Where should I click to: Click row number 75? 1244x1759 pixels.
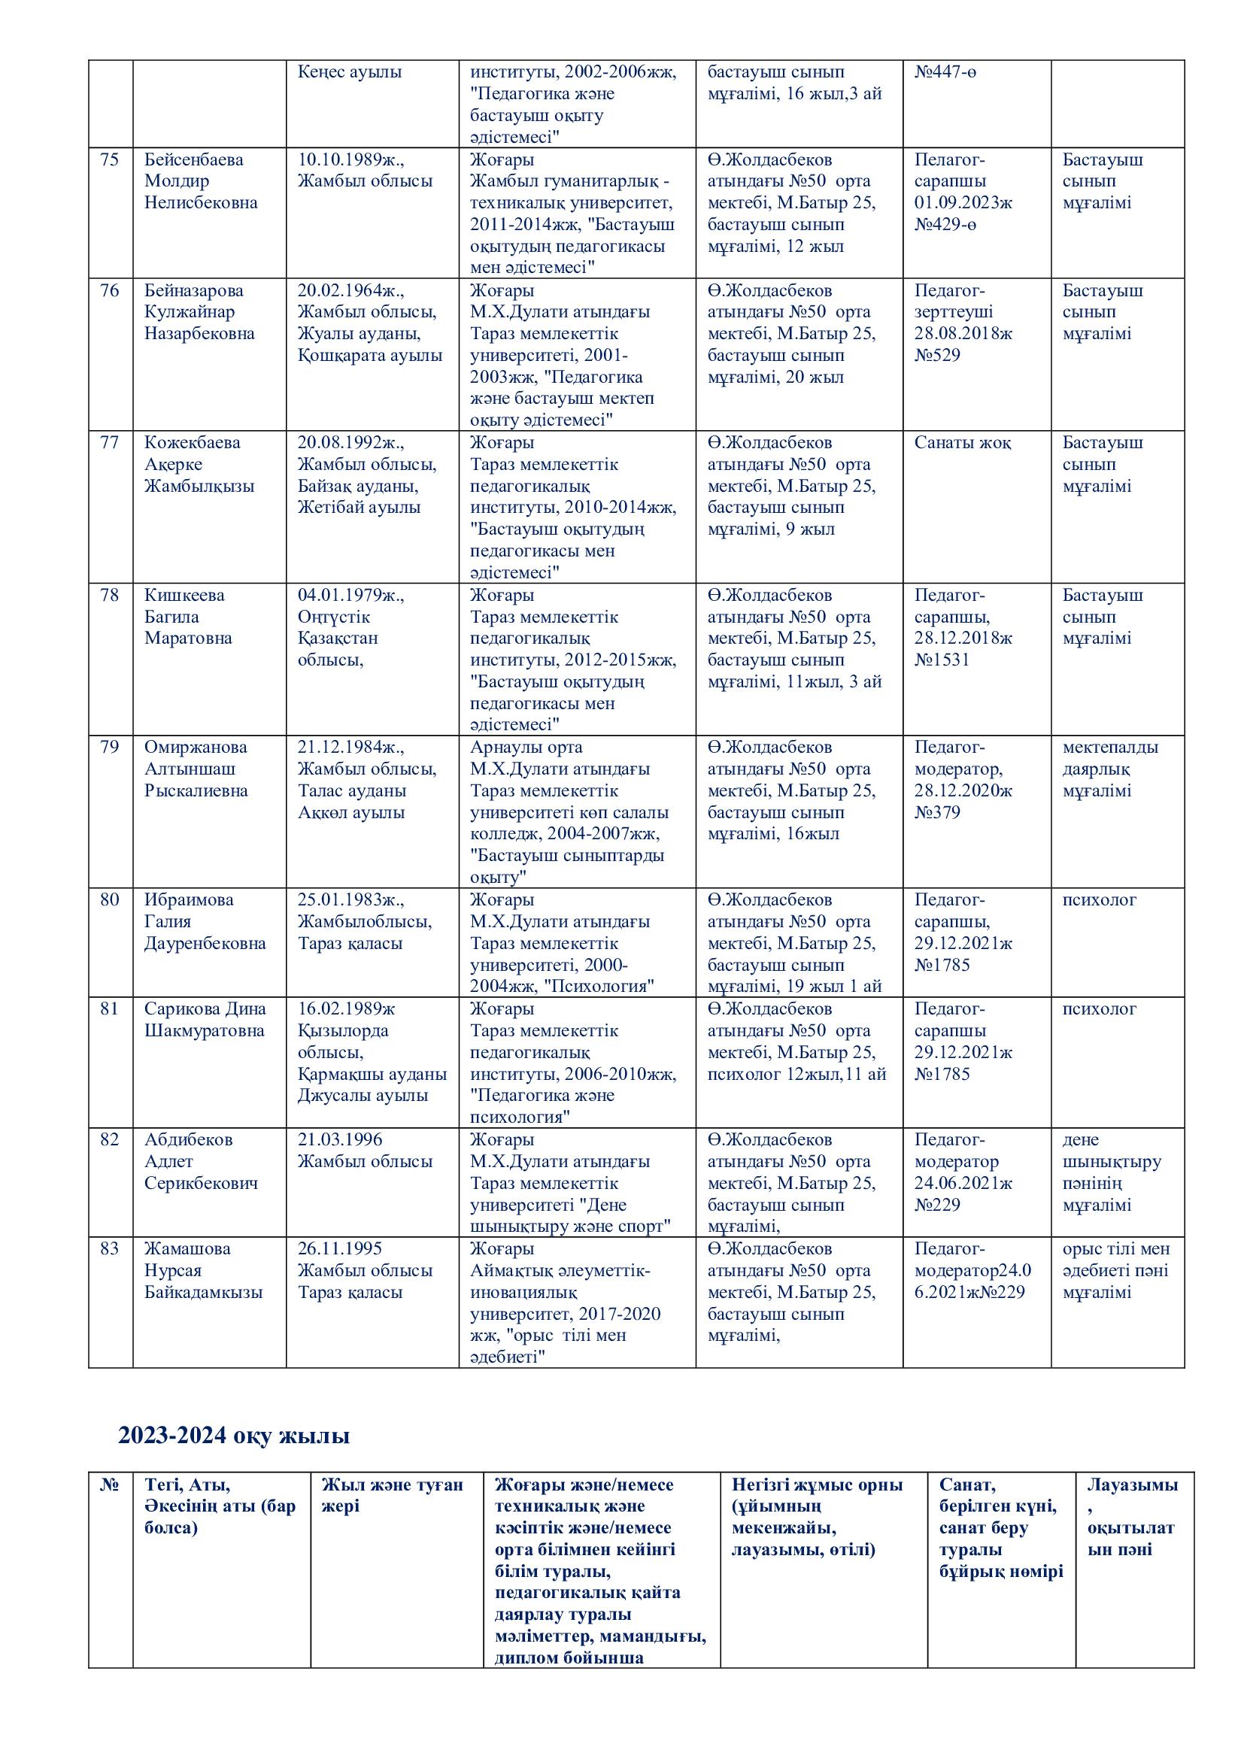tap(110, 159)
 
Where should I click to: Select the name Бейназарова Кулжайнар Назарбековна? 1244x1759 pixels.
tap(200, 312)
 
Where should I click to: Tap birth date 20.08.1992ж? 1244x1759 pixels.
tap(350, 443)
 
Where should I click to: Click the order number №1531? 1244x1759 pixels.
tap(942, 660)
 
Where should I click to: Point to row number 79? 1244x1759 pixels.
tap(110, 747)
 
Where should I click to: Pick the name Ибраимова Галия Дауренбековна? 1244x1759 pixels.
tap(205, 922)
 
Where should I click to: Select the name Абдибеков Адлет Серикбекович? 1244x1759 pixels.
tap(201, 1161)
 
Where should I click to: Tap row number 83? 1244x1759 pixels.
tap(110, 1249)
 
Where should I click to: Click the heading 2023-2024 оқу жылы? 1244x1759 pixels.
tap(234, 1436)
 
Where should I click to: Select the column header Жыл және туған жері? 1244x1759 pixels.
tap(392, 1496)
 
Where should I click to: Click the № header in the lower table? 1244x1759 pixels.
tap(110, 1485)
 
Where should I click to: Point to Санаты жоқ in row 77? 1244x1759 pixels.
tap(962, 443)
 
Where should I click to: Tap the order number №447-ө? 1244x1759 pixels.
tap(945, 72)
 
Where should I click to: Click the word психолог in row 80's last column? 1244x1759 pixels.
tap(1100, 900)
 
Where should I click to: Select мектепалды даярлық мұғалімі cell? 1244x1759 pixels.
tap(1110, 769)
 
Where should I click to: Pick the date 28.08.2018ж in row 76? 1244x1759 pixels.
tap(963, 333)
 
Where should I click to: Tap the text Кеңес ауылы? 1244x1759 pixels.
tap(349, 72)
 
